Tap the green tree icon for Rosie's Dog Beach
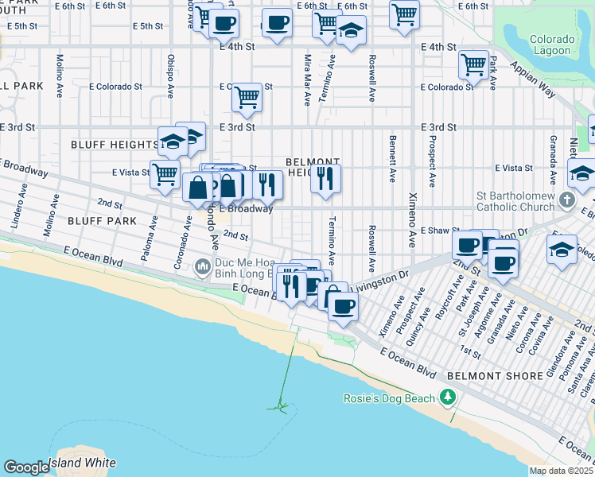tap(449, 397)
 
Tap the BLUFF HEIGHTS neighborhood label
tap(114, 145)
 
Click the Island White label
tap(82, 463)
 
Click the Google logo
tap(26, 467)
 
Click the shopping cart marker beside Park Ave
tap(474, 65)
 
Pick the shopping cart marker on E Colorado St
tap(247, 97)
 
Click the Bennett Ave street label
tap(393, 159)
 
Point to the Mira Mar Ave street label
tap(307, 79)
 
